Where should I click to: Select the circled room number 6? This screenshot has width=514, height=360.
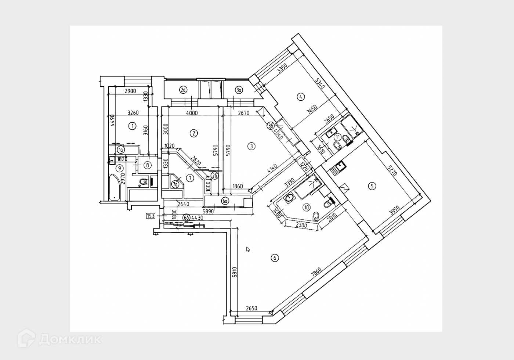(x=274, y=258)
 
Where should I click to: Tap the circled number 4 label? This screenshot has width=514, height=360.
(x=301, y=97)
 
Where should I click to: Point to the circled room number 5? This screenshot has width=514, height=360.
(x=372, y=187)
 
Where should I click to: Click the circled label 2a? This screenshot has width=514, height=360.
(x=183, y=89)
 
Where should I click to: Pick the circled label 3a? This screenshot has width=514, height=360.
(x=239, y=89)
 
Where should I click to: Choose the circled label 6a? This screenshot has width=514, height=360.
(x=225, y=201)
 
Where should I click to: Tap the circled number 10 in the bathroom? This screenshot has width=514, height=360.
(x=306, y=207)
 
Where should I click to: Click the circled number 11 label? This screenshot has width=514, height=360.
(x=337, y=137)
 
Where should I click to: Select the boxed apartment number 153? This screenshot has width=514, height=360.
(x=151, y=216)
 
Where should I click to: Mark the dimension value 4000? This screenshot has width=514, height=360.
(x=192, y=113)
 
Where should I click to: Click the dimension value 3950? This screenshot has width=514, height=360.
(x=394, y=211)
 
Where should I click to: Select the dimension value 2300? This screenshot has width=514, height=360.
(x=302, y=224)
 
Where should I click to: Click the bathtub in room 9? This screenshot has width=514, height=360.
(x=115, y=187)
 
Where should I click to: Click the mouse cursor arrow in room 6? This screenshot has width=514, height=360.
(x=248, y=249)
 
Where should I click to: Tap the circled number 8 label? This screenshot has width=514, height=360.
(x=147, y=165)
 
